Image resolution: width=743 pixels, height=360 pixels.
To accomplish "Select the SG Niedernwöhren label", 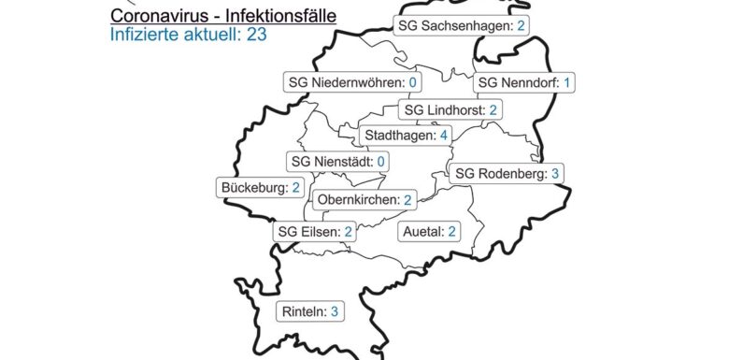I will click(350, 83).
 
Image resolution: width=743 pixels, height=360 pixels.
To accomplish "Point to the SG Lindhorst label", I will click(451, 110).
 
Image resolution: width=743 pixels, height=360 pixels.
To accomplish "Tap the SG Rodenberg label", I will click(507, 173).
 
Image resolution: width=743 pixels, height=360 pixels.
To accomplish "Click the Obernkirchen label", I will click(365, 200).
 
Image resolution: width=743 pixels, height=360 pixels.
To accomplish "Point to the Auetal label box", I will click(427, 231).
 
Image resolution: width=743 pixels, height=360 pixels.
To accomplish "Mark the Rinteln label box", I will click(311, 312).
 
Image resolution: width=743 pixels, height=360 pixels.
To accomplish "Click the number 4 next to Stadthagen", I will click(444, 136).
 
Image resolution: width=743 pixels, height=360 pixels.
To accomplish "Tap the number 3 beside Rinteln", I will click(335, 312).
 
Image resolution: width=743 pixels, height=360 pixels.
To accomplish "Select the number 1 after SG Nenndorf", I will click(566, 83).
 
